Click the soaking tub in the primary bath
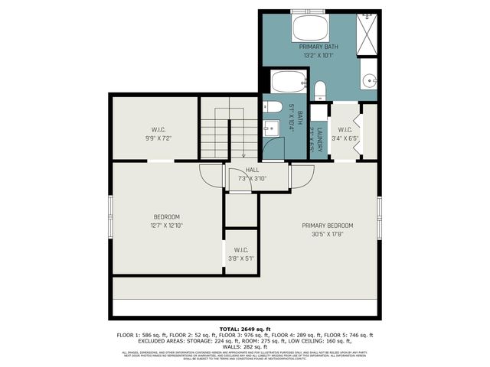310,30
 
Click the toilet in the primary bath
320,90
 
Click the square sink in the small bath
270,126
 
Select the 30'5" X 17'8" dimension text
327,235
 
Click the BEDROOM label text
166,217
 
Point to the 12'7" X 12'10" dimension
166,226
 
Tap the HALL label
252,170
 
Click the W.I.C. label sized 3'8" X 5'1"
240,250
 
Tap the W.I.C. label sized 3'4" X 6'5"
345,129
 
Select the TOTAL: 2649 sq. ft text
245,327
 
